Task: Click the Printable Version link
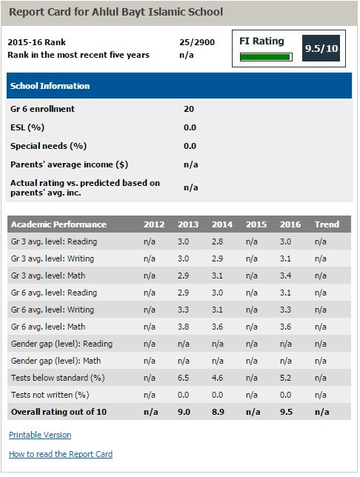tap(40, 435)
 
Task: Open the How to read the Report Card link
tap(61, 454)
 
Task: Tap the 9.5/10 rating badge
tap(321, 48)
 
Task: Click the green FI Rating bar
tap(265, 57)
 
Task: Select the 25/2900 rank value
tap(197, 42)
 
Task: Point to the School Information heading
tap(50, 86)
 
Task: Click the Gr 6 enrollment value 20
tap(189, 109)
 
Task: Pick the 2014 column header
tap(222, 224)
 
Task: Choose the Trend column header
tap(327, 224)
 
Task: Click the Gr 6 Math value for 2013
tap(183, 327)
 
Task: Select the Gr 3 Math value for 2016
tap(285, 276)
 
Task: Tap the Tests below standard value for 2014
tap(217, 378)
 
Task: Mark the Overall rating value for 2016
tap(286, 412)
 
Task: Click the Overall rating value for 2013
tap(184, 412)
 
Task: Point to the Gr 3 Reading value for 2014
tap(217, 241)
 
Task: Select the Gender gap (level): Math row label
tap(56, 361)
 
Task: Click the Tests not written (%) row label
tap(50, 395)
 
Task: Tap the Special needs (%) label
tap(49, 146)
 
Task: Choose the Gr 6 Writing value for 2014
tap(217, 310)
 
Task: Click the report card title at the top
tap(116, 12)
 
